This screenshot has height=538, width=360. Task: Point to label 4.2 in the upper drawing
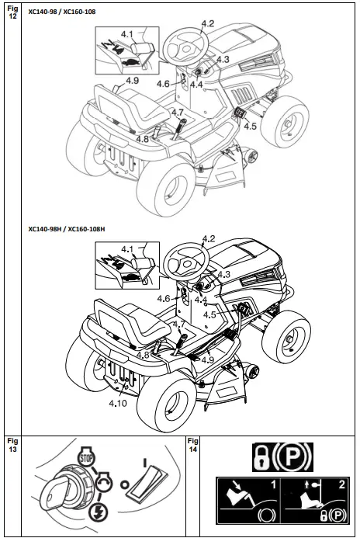coord(207,24)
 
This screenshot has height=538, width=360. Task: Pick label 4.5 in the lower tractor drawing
coord(209,314)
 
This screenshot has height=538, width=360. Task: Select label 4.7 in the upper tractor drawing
coord(178,113)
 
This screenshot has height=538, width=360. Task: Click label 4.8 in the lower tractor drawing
coord(143,355)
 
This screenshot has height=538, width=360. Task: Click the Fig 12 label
coord(12,12)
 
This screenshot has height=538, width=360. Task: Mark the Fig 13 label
coord(12,444)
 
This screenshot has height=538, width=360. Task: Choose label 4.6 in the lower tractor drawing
coord(163,298)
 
